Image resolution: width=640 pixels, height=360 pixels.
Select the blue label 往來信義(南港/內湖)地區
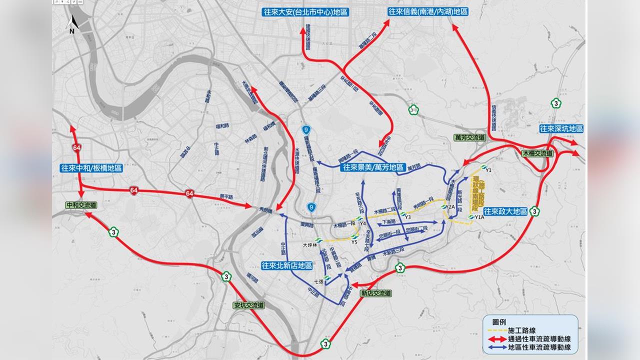(x=427, y=11)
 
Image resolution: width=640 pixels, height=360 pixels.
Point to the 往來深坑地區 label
(x=561, y=129)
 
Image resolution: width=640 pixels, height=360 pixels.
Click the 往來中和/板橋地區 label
(x=91, y=168)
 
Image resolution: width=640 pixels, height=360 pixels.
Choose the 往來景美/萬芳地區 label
(x=372, y=168)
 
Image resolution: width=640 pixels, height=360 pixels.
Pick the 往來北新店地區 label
(x=287, y=265)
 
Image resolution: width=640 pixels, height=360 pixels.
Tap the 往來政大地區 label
(x=505, y=211)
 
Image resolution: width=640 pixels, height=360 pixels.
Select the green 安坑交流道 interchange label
(x=249, y=304)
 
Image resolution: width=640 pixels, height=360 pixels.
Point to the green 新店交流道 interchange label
(x=375, y=293)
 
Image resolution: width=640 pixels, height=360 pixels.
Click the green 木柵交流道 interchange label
(x=537, y=153)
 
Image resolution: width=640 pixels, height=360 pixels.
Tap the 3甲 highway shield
(x=412, y=110)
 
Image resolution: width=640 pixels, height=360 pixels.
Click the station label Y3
(x=407, y=217)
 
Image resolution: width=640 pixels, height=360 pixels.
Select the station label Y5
(x=354, y=242)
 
